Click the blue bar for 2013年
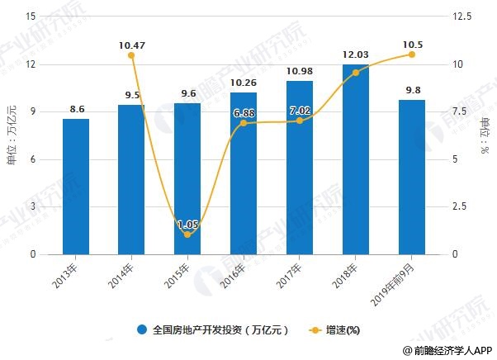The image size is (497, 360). point(75,187)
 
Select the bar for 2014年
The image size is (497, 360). point(131,180)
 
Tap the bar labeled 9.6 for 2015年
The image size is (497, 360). point(187,179)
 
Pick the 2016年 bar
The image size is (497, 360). point(244,173)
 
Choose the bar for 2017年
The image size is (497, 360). point(300,168)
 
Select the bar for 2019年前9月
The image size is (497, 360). point(412,177)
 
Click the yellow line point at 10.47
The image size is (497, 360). point(131,55)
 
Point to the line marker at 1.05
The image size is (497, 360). point(187,234)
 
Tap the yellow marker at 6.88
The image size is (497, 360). point(244,124)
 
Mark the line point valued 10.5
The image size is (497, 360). point(412,54)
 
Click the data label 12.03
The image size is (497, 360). point(356,54)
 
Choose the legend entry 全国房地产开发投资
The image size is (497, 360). point(213,329)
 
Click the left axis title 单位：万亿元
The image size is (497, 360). point(11,136)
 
